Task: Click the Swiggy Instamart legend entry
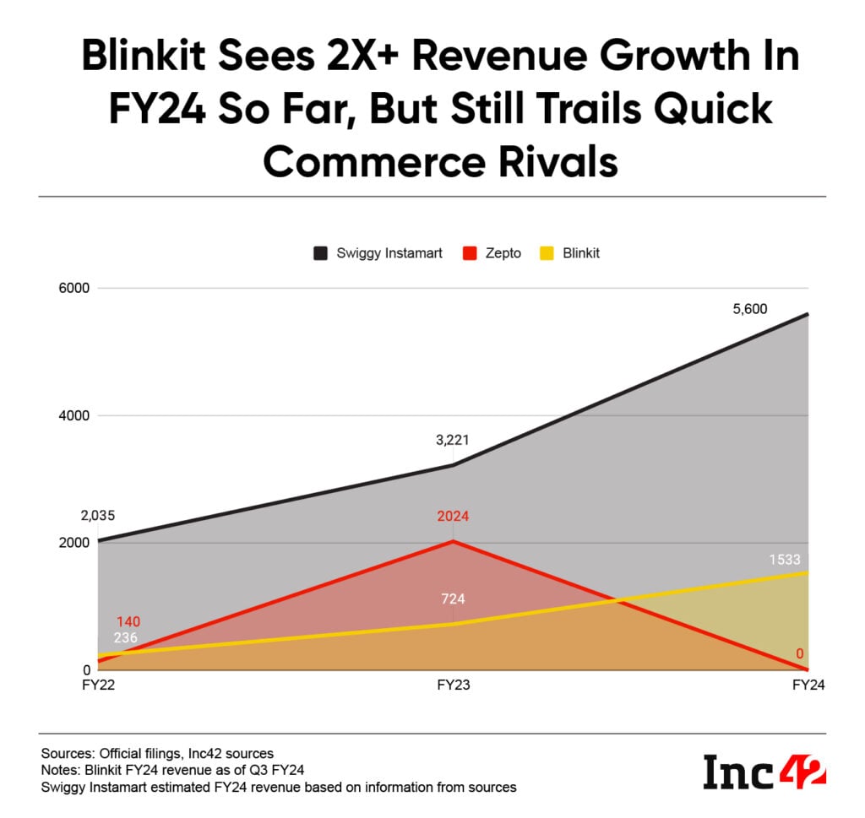[x=378, y=252]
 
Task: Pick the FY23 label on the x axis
[x=454, y=686]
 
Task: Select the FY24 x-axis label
[x=808, y=686]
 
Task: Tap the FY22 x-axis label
[x=99, y=686]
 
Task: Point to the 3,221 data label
[x=453, y=439]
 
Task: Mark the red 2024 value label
[x=453, y=517]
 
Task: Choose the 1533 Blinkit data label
[x=784, y=559]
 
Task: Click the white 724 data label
[x=453, y=599]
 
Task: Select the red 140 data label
[x=128, y=621]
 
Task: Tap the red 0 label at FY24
[x=799, y=653]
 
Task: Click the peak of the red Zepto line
[x=454, y=541]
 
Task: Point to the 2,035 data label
[x=98, y=516]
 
